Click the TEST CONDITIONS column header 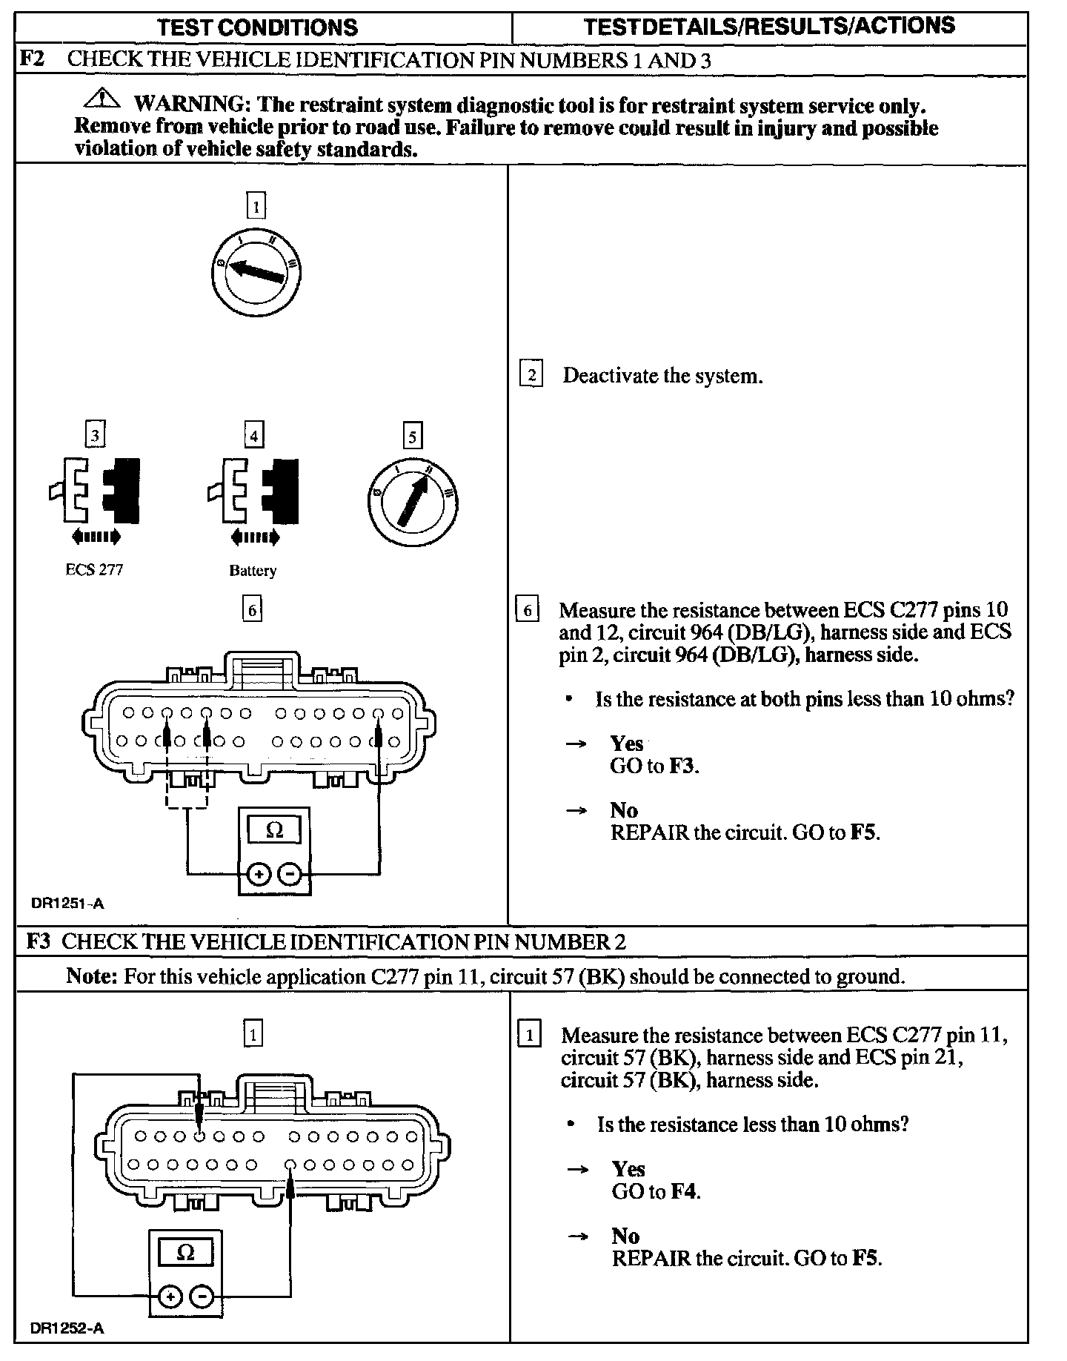coord(258,28)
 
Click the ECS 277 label coord(94,570)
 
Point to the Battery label coord(253,571)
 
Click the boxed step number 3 coord(95,435)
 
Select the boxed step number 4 coord(254,435)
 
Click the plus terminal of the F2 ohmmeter coord(259,875)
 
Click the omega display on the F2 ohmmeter coord(274,829)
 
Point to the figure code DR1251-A coord(67,903)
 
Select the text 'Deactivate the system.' coord(662,376)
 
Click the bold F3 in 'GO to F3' coord(682,766)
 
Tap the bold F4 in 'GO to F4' coord(685,1191)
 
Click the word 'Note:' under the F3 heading coord(92,976)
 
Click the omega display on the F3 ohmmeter coord(186,1252)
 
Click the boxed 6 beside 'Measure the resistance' coord(528,610)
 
